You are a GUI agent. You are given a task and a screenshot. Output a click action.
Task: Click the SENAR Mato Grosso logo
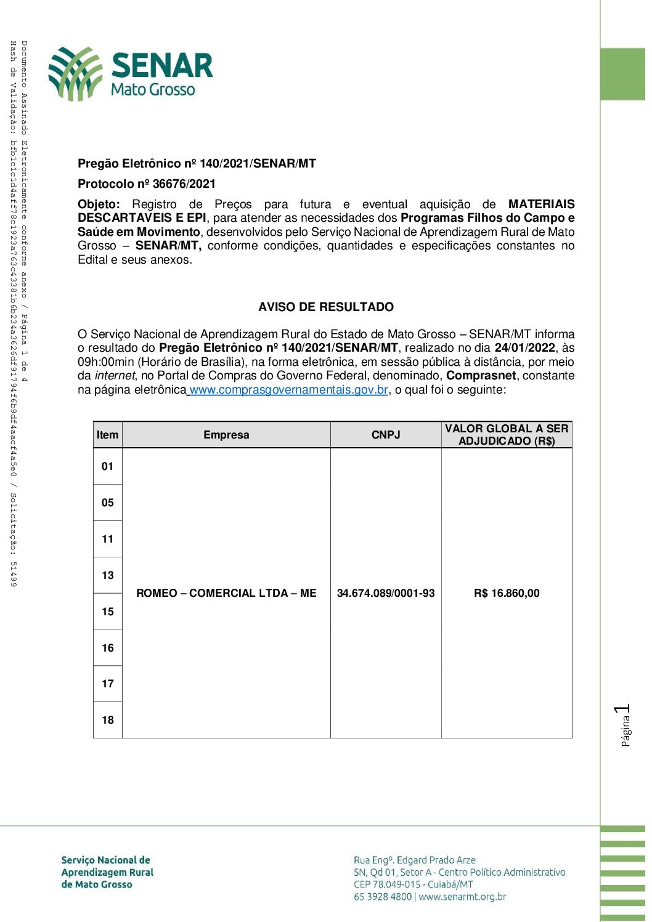tap(131, 74)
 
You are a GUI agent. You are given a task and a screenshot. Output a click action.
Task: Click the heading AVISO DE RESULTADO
tap(326, 307)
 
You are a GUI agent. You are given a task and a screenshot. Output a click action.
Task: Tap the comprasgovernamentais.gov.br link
tap(288, 390)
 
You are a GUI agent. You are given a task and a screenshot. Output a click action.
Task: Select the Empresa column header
tap(226, 435)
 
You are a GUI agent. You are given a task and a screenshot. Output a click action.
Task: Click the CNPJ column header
tap(386, 435)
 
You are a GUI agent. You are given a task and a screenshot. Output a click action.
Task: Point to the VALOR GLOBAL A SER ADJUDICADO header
tap(507, 435)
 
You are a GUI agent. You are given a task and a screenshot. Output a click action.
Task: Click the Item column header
tap(107, 435)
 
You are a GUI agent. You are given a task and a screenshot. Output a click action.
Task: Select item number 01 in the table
tap(108, 466)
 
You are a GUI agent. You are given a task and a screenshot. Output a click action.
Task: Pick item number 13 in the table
tap(108, 575)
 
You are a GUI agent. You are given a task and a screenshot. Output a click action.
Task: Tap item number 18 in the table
tap(108, 720)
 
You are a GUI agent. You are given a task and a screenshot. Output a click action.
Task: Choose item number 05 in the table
tap(108, 503)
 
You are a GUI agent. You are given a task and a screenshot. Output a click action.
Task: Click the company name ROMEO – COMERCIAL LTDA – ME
tap(226, 593)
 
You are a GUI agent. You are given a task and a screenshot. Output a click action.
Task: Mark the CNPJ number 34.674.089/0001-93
tap(386, 593)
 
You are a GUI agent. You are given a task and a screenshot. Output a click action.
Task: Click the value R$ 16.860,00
tap(507, 593)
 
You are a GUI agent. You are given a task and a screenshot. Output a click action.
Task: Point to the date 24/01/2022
tap(524, 348)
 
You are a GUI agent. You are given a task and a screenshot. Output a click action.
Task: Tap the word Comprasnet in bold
tap(481, 376)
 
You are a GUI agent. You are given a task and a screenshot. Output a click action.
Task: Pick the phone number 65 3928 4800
tap(382, 897)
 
